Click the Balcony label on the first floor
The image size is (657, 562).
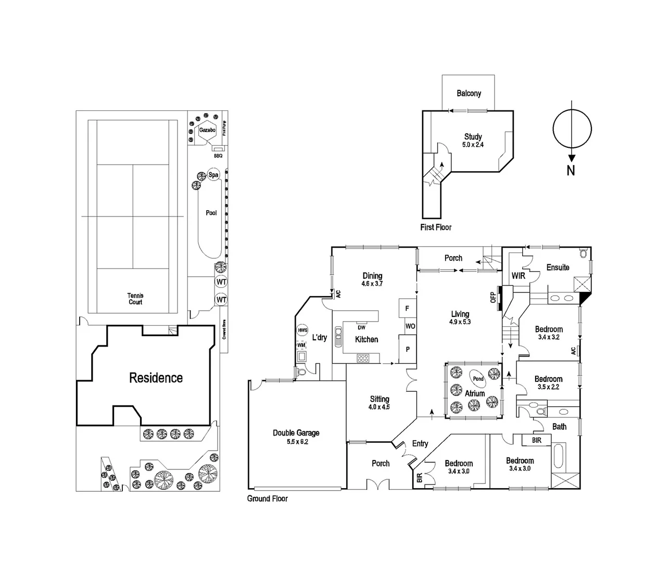[x=469, y=94]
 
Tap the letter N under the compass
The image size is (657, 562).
[x=571, y=170]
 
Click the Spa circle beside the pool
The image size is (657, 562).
[x=213, y=175]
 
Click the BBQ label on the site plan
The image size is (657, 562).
[x=218, y=156]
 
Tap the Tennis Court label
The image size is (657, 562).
[x=135, y=299]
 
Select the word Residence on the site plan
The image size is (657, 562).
[x=156, y=378]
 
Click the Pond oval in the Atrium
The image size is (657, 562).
[x=478, y=379]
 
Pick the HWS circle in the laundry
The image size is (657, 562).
[x=302, y=330]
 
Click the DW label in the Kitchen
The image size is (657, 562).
[x=361, y=327]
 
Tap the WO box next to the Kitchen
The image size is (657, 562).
[x=410, y=326]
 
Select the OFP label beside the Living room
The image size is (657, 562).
[x=493, y=297]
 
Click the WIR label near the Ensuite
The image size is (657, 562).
[x=518, y=276]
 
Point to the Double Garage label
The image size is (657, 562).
[x=296, y=437]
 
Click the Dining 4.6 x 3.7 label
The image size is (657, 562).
[x=372, y=279]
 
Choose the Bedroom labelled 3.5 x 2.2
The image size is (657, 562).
[x=548, y=382]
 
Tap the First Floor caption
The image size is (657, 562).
[x=436, y=227]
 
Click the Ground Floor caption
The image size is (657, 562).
[x=267, y=499]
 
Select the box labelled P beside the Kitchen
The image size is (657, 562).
[x=408, y=349]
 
